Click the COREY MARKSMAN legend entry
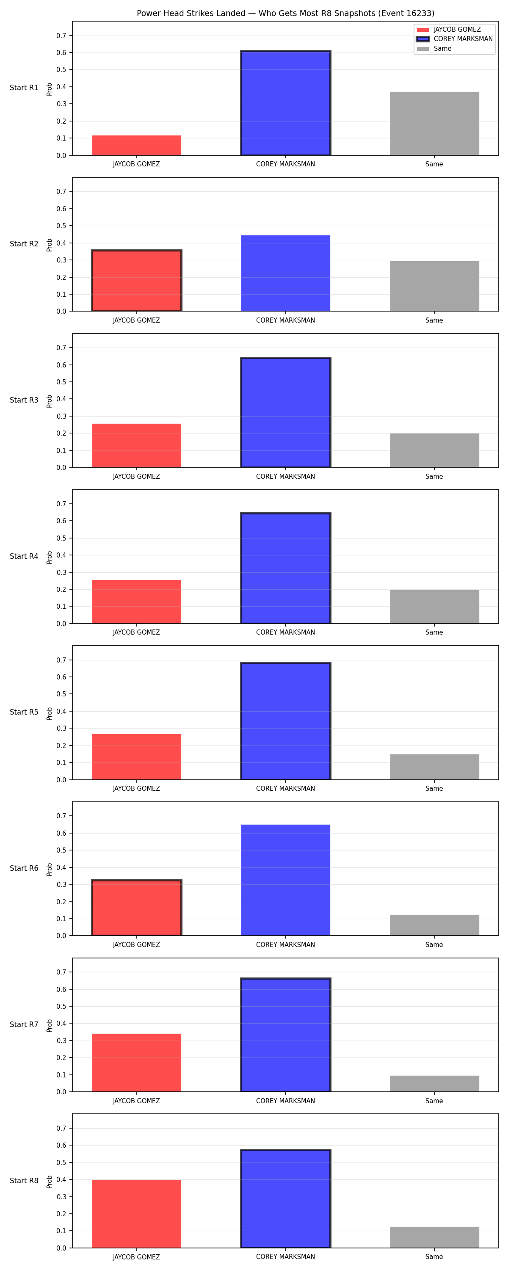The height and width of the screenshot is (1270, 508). pyautogui.click(x=454, y=39)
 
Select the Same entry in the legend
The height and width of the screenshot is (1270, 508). pyautogui.click(x=434, y=49)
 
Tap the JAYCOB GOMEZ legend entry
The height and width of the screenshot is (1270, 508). pyautogui.click(x=448, y=30)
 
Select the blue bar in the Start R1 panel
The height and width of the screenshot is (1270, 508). pyautogui.click(x=286, y=103)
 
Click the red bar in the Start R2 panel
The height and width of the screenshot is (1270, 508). pyautogui.click(x=137, y=281)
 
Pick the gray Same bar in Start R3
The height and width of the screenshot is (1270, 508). pyautogui.click(x=434, y=450)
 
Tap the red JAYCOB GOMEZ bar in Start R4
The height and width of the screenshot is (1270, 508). pyautogui.click(x=137, y=602)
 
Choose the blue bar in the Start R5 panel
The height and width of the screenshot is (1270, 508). pyautogui.click(x=286, y=721)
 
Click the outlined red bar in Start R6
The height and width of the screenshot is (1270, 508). pyautogui.click(x=137, y=908)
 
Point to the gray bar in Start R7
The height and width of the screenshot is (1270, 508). pyautogui.click(x=434, y=1084)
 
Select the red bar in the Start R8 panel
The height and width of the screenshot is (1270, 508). pyautogui.click(x=137, y=1214)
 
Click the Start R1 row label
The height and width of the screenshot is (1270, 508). pyautogui.click(x=24, y=88)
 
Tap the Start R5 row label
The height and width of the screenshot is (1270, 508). pyautogui.click(x=24, y=712)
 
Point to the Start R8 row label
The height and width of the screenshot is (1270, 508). pyautogui.click(x=24, y=1180)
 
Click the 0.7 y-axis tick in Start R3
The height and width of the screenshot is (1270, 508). pyautogui.click(x=61, y=348)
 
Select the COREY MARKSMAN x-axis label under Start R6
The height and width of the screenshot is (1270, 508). pyautogui.click(x=286, y=944)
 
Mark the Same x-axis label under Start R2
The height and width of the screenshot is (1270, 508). pyautogui.click(x=434, y=320)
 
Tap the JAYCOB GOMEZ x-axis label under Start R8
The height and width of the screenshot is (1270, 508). pyautogui.click(x=137, y=1257)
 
